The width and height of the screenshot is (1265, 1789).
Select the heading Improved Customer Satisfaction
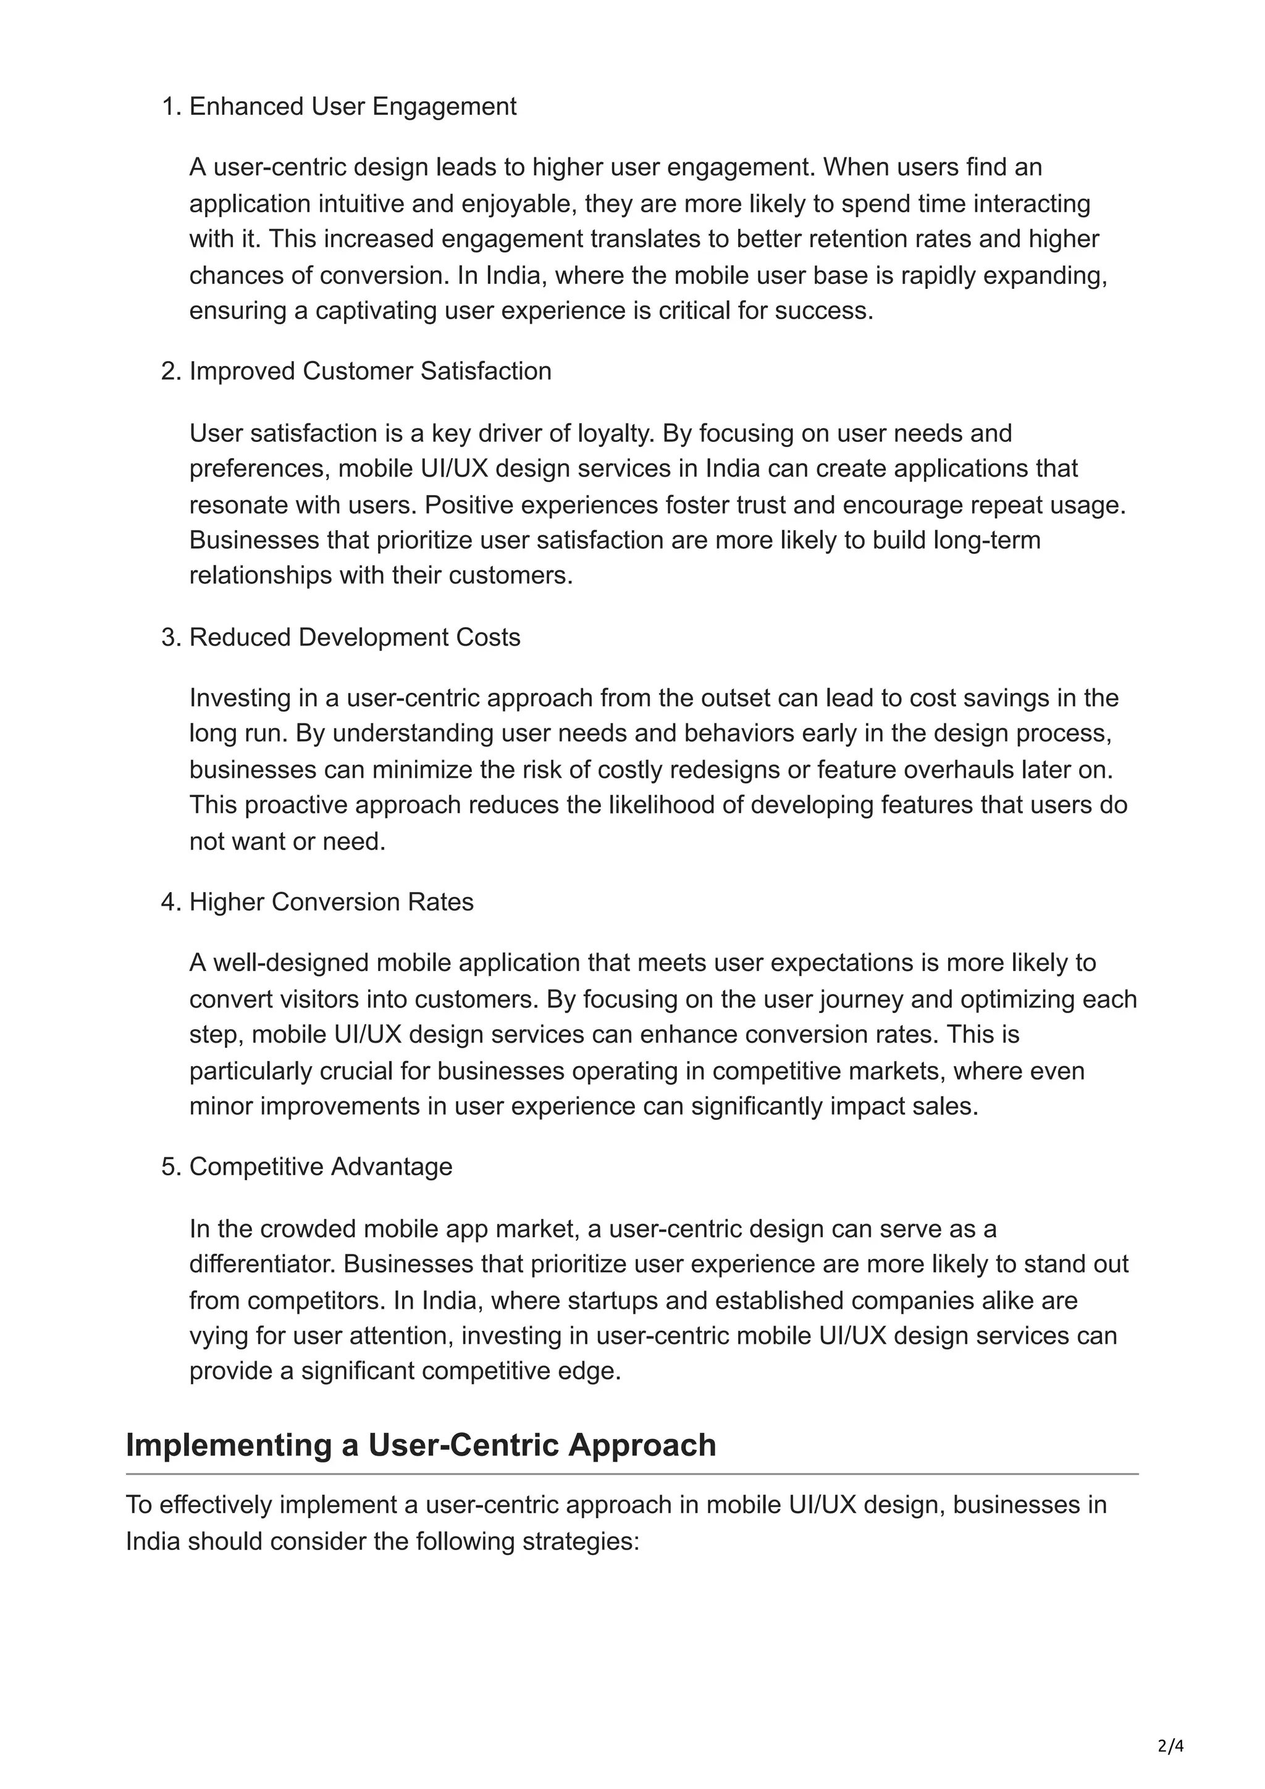coord(369,371)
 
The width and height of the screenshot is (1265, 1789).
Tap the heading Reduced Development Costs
coord(354,637)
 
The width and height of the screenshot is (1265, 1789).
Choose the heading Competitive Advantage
coord(321,1167)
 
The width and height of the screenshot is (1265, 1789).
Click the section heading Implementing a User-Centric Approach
coord(421,1445)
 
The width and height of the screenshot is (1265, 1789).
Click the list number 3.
coord(169,637)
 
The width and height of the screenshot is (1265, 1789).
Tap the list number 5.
coord(169,1167)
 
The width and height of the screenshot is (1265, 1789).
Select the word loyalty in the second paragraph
coord(613,433)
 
